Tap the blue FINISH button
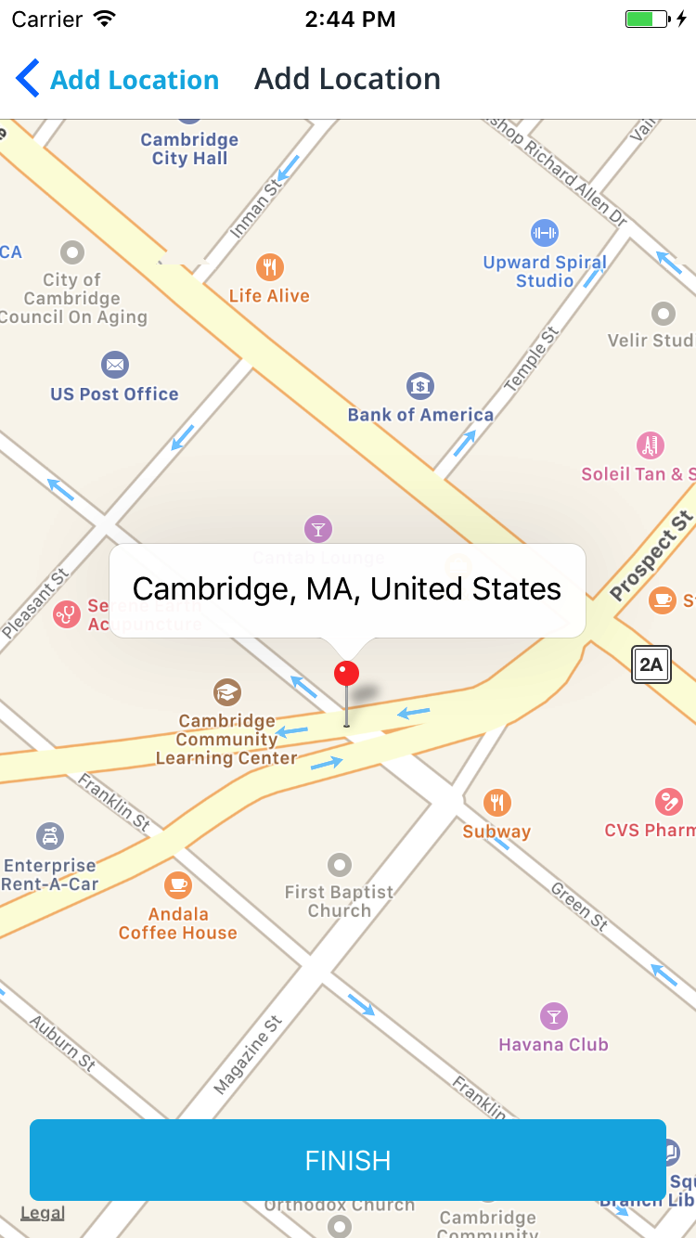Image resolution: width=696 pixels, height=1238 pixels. (x=348, y=1160)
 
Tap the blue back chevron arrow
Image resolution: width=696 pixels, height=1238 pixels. (x=28, y=79)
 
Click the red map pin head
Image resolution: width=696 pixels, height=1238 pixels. (x=346, y=674)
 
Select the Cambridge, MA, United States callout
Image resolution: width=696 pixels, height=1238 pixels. (x=347, y=590)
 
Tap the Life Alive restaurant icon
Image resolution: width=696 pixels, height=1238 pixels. (x=269, y=267)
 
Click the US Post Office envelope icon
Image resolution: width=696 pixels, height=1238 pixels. (x=115, y=365)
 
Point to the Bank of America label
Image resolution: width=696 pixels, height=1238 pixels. (x=420, y=415)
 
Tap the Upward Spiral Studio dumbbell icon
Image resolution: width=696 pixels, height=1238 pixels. (x=544, y=232)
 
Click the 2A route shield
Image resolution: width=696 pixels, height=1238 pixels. (x=651, y=664)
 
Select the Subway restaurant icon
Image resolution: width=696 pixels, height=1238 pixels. (x=497, y=803)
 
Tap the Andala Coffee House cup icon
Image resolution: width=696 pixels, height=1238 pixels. (x=178, y=884)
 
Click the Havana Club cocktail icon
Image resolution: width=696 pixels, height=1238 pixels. (x=554, y=1015)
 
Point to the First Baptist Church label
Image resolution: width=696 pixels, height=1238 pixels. (x=339, y=901)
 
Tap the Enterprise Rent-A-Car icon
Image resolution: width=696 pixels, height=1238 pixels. (x=50, y=836)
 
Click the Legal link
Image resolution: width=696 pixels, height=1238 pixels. (x=43, y=1213)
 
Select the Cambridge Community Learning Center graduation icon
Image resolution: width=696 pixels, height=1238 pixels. (x=226, y=692)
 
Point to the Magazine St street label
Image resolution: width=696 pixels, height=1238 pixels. (x=248, y=1054)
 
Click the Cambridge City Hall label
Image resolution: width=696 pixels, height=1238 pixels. (x=189, y=149)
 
